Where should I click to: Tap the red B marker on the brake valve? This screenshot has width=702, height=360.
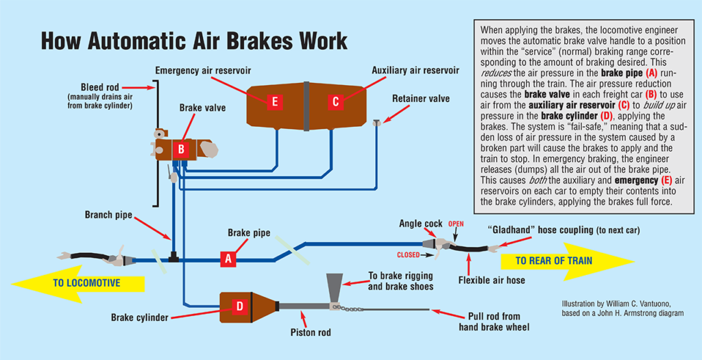pos(181,149)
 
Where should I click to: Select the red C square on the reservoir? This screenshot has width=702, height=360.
pos(335,101)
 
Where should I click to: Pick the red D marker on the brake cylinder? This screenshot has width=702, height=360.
pos(240,307)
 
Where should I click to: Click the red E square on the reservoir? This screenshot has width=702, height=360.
pos(274,101)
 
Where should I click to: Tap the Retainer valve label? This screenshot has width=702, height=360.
pos(421,99)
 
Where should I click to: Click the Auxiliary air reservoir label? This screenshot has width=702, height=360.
pos(415,71)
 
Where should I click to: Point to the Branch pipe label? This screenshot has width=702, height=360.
pos(109,215)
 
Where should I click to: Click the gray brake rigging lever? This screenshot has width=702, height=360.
pos(335,288)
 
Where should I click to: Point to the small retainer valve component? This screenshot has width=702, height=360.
pos(376,123)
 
